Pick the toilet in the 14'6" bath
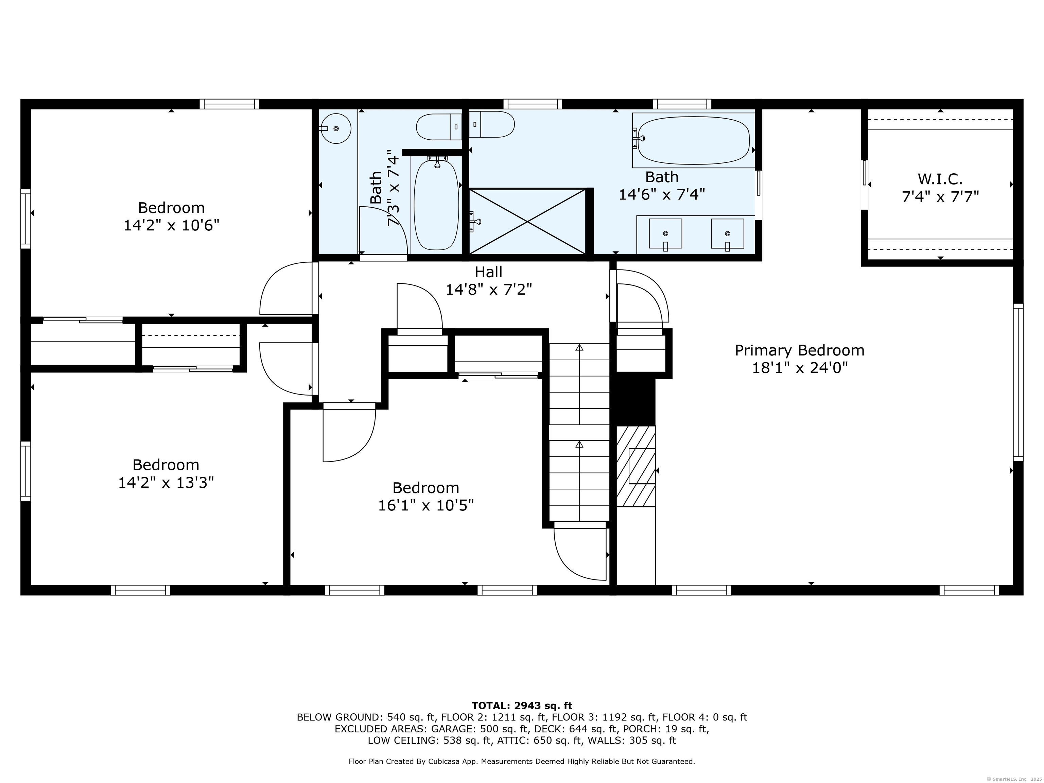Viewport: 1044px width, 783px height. [492, 124]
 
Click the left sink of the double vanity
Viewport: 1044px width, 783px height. [665, 233]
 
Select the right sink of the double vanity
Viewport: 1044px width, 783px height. [727, 233]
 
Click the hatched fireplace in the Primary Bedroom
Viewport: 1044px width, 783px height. [636, 466]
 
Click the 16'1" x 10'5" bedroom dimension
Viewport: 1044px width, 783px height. [426, 505]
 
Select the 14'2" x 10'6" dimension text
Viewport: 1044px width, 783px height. [171, 225]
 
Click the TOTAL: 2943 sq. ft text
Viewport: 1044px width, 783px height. [522, 706]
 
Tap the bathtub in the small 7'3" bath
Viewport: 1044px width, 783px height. [436, 204]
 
